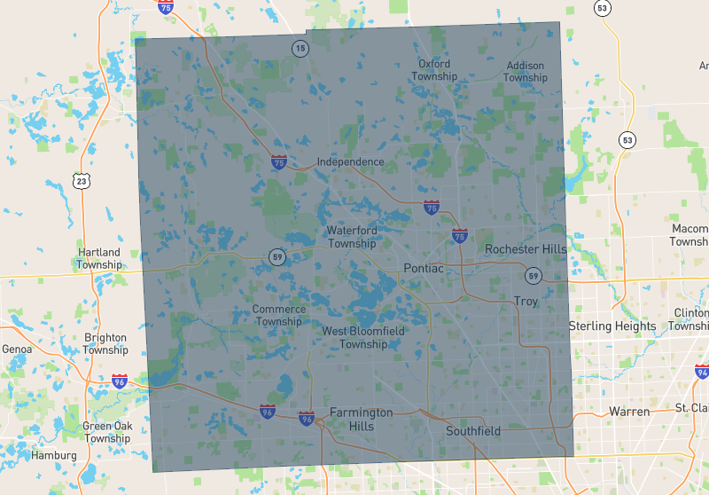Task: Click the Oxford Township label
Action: click(434, 70)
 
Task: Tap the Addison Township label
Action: click(526, 72)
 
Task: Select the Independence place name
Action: click(351, 162)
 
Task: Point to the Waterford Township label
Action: click(352, 237)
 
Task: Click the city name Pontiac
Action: click(423, 268)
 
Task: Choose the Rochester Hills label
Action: click(526, 249)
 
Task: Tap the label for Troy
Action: click(526, 302)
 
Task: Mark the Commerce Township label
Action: click(279, 315)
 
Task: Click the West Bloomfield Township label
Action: click(363, 337)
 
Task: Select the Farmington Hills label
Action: click(361, 420)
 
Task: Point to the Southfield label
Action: click(473, 432)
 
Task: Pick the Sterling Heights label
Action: click(612, 326)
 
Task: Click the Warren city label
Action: click(629, 412)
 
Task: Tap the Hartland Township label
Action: click(98, 258)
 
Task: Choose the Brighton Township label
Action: click(105, 344)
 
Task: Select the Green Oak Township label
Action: click(107, 432)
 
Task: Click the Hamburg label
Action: click(54, 455)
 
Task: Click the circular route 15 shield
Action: click(301, 48)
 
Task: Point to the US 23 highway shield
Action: click(82, 182)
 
